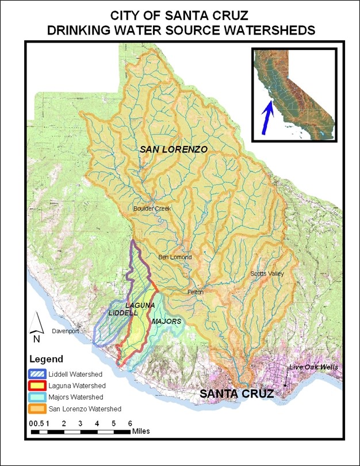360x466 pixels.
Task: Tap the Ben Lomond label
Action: [x=175, y=257]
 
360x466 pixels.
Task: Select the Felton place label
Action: [x=196, y=292]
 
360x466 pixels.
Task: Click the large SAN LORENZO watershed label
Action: [x=173, y=149]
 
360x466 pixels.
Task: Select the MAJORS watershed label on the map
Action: [x=167, y=321]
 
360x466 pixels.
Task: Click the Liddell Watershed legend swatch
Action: [x=38, y=375]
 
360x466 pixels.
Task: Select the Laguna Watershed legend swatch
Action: [x=38, y=386]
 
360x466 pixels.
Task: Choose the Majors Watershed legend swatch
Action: [x=38, y=398]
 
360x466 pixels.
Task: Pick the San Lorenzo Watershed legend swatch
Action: [x=38, y=409]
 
